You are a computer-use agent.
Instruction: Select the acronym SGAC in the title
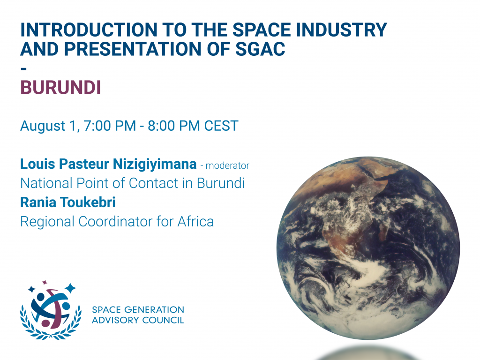click(260, 49)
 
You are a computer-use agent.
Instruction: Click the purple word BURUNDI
click(60, 88)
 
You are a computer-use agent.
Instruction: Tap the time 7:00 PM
click(110, 126)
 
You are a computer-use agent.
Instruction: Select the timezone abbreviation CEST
click(221, 126)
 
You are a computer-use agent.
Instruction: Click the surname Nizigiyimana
click(155, 165)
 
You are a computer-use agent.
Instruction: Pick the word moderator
click(227, 165)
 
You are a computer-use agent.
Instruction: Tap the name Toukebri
click(88, 202)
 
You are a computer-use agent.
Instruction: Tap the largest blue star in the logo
click(70, 288)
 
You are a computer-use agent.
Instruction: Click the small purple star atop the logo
click(45, 282)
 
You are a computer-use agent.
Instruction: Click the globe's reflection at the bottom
click(367, 353)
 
